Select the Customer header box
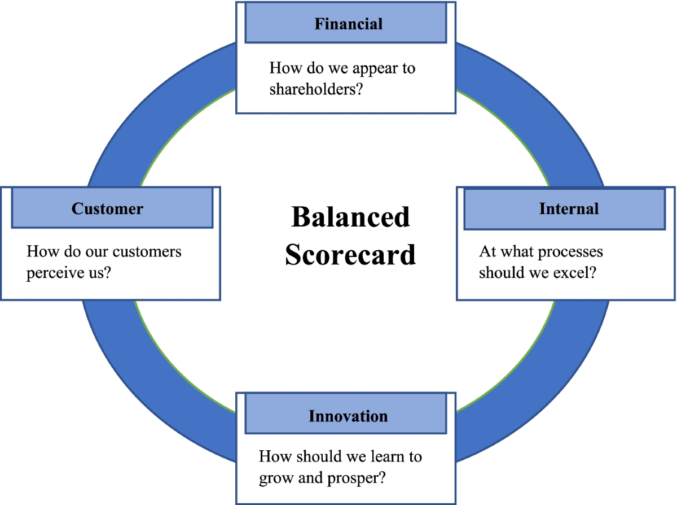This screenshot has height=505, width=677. [x=112, y=208]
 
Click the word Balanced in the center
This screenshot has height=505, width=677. [x=350, y=217]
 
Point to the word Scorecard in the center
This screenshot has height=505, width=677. [x=350, y=254]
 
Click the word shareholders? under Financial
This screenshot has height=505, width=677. [x=315, y=89]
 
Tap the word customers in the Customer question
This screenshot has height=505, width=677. [x=147, y=251]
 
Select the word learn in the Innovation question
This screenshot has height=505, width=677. [x=382, y=456]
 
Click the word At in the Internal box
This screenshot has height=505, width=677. [x=486, y=251]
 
